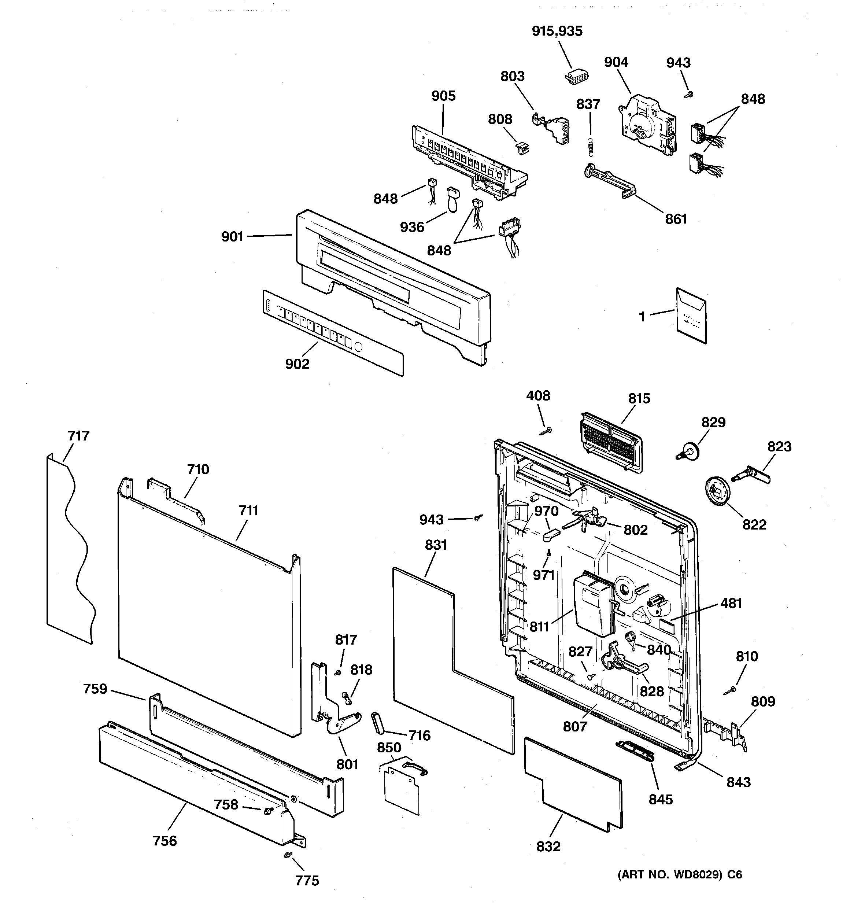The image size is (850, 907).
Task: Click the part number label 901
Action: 232,237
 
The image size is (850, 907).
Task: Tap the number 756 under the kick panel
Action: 165,840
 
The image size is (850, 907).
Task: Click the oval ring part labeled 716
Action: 379,722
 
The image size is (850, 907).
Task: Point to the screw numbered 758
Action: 268,810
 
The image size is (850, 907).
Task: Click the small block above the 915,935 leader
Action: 577,77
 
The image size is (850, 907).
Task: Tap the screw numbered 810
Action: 730,690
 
